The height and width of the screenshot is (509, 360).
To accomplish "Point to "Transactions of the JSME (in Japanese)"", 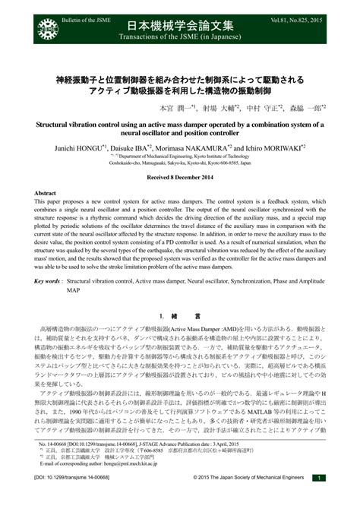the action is [180, 43].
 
